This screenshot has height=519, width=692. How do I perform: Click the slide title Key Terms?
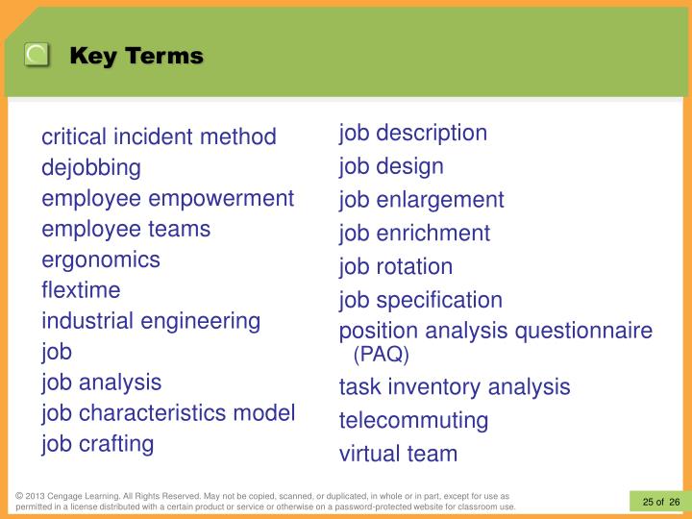[136, 56]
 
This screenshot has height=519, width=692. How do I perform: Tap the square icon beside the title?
[37, 55]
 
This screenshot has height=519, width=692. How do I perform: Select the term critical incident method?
[159, 137]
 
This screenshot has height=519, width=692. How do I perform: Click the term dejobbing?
[90, 168]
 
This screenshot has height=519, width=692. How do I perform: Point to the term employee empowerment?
[167, 199]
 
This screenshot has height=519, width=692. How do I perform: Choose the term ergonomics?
[101, 259]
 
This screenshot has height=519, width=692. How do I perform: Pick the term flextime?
[81, 290]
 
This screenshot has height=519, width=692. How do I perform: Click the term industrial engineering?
[151, 321]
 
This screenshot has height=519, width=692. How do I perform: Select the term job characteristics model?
[168, 413]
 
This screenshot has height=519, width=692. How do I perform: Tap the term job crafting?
[97, 444]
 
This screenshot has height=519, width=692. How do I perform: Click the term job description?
[413, 133]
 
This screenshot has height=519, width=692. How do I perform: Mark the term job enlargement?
[421, 200]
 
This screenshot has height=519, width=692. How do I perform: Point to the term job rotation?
[395, 266]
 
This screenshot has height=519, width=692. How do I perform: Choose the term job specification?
[420, 300]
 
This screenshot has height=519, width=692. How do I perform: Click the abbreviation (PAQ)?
[381, 356]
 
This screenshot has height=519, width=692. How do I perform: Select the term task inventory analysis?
[455, 387]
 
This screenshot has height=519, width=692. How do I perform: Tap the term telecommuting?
[413, 420]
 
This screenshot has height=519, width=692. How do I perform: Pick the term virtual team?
[398, 454]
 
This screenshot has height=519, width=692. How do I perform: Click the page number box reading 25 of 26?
[660, 501]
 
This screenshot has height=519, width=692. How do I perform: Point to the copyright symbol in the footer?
[19, 496]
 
